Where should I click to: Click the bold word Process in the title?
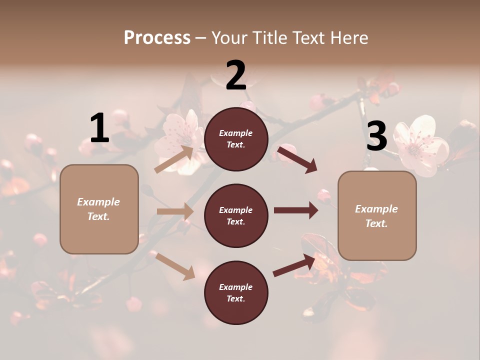157,37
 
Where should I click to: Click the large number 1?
99,128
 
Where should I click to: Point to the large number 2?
236,75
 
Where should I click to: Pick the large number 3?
376,136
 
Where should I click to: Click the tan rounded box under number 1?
99,209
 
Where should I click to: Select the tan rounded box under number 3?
377,215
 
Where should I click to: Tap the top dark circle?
236,139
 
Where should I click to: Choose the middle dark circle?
236,215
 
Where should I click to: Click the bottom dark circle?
236,292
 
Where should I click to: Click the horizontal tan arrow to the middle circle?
175,211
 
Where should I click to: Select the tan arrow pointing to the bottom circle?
175,265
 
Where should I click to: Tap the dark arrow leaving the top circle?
297,159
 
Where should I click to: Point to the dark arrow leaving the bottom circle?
295,265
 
